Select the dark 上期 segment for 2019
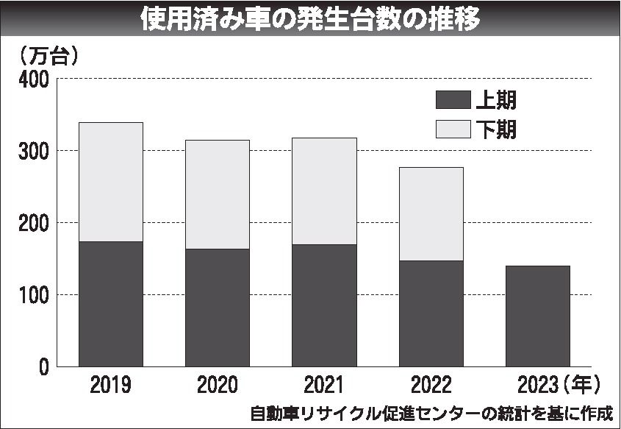[110, 304]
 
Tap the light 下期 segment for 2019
[110, 182]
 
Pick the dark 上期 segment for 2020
[217, 308]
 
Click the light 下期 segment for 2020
[217, 194]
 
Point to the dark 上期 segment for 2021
[324, 305]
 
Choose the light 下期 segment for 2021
[324, 191]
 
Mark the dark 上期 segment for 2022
[431, 313]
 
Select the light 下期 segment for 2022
[431, 213]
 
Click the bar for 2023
[538, 316]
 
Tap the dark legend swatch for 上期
[452, 100]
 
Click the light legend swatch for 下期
[452, 129]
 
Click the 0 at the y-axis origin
[43, 366]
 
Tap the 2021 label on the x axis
[324, 385]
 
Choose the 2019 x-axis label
[110, 385]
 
